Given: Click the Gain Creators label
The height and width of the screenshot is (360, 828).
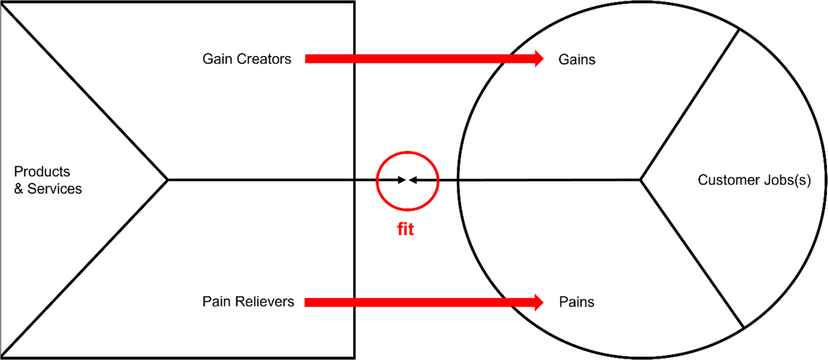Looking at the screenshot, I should coord(246,59).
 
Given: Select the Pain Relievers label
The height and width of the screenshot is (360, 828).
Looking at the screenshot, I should coord(248,302).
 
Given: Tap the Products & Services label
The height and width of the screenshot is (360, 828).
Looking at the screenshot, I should coord(48,180).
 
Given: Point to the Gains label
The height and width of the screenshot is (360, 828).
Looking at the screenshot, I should coord(576,60).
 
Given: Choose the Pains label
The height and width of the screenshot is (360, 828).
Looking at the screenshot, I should coord(576,302).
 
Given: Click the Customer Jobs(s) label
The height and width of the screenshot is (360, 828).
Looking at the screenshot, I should coord(753,181).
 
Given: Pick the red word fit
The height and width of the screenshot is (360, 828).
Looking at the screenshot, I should coord(405,230).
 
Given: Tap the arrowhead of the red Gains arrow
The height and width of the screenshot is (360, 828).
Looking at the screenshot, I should coord(538,59).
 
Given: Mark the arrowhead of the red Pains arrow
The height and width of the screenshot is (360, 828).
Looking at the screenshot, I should coord(538,302).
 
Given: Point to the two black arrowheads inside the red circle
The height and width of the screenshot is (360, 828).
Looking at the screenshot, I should coord(407,180).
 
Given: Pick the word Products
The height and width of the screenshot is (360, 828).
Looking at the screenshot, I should coord(42,172).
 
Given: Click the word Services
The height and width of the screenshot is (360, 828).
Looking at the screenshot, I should coord(54,188).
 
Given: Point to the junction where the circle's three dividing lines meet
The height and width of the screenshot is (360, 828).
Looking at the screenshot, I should coord(641,181).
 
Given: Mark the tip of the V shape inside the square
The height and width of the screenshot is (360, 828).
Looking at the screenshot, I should coord(168,180).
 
